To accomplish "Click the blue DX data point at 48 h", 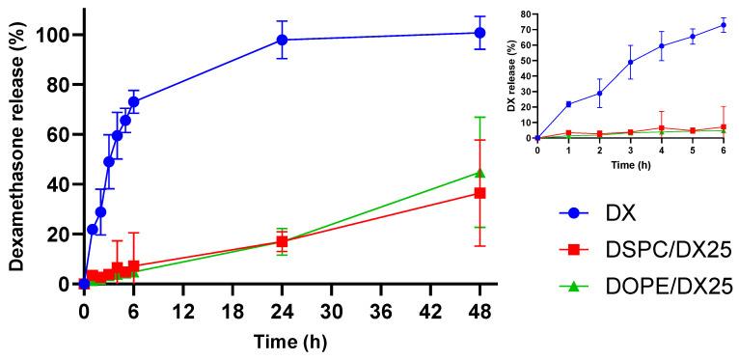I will [479, 33].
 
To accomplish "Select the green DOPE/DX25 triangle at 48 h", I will [479, 173].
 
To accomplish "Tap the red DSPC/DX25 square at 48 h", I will [479, 193].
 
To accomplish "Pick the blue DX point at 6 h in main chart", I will [134, 101].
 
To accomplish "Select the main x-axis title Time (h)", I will [287, 341].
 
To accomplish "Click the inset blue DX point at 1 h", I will [568, 104].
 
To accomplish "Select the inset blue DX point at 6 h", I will [724, 25].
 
